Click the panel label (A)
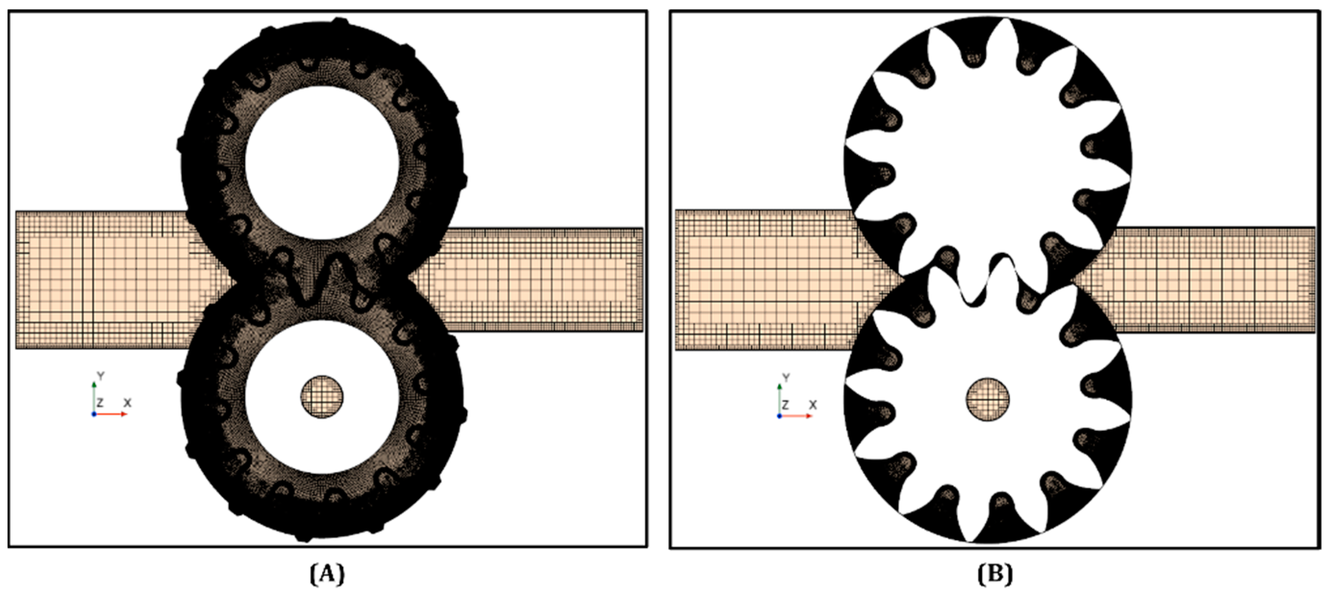click(327, 574)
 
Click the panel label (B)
click(995, 574)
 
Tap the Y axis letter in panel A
click(101, 376)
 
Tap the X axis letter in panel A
click(127, 402)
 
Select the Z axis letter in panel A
click(101, 402)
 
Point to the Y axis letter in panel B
click(786, 378)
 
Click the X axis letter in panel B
click(812, 405)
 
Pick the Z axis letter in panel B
click(785, 405)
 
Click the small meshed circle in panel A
click(322, 397)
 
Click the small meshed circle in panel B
click(988, 399)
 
